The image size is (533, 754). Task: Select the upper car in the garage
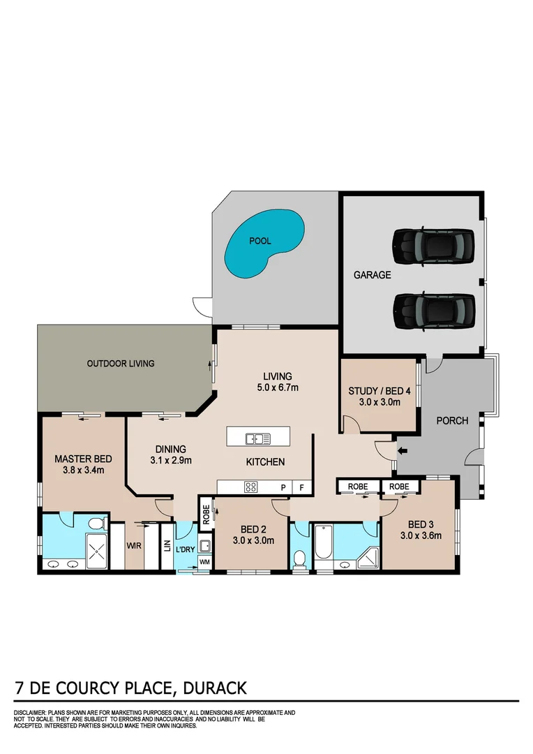(433, 245)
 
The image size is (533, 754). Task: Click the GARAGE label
(372, 275)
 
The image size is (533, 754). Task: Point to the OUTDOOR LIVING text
(120, 363)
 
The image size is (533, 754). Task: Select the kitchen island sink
(257, 438)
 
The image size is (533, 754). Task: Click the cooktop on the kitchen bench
(251, 487)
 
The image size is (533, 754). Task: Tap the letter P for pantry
(283, 487)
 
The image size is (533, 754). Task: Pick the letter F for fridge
(302, 487)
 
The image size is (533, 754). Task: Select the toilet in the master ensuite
(97, 522)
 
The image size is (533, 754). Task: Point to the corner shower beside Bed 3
(369, 557)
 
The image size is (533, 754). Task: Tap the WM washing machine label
(204, 561)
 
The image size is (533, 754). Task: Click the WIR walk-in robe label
(134, 545)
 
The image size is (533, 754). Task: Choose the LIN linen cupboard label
(167, 545)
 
